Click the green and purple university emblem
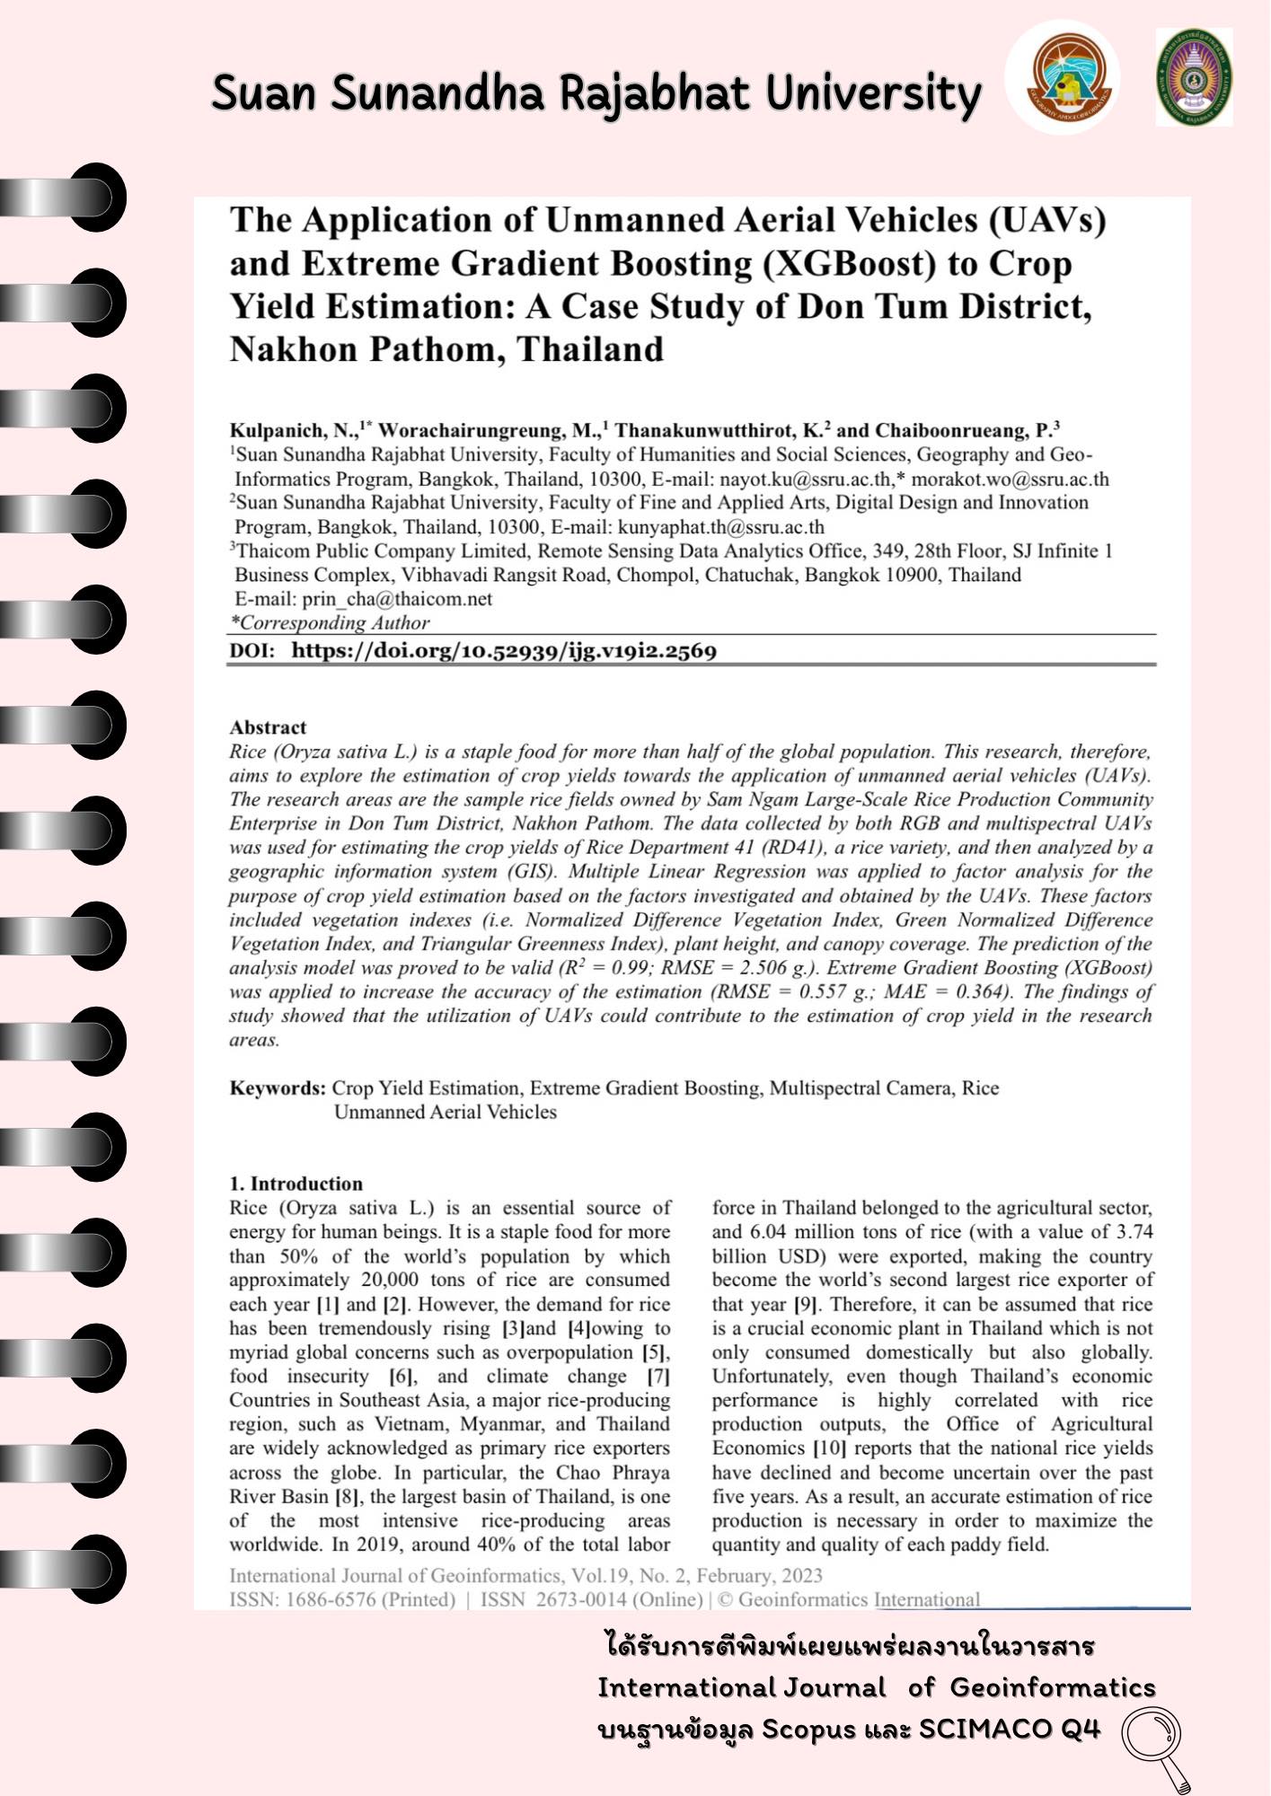pos(1194,77)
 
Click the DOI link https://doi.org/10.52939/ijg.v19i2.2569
pos(503,651)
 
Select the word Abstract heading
pos(268,727)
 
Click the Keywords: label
pos(278,1088)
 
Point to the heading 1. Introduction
pos(296,1184)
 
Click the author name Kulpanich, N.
pos(293,430)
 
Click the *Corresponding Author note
pos(330,623)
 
